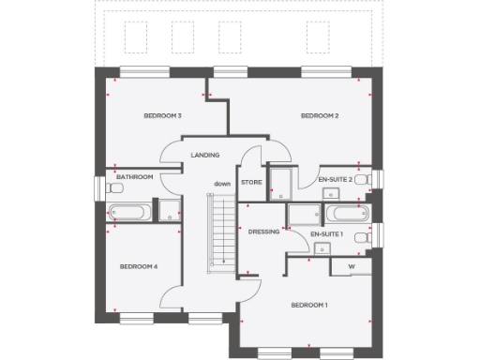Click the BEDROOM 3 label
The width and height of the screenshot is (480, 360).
click(161, 115)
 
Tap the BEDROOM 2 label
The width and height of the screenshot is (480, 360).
click(319, 115)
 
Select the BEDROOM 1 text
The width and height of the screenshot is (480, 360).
click(309, 306)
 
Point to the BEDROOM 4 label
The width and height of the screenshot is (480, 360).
click(139, 266)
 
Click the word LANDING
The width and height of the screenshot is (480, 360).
click(204, 155)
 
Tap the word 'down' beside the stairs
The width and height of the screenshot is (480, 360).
click(221, 183)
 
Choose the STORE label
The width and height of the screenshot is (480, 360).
click(250, 182)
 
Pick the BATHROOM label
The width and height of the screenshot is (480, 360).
click(134, 176)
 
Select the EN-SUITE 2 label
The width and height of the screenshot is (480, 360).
click(335, 178)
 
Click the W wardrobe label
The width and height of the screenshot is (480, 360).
click(352, 266)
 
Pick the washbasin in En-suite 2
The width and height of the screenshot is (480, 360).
click(330, 194)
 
